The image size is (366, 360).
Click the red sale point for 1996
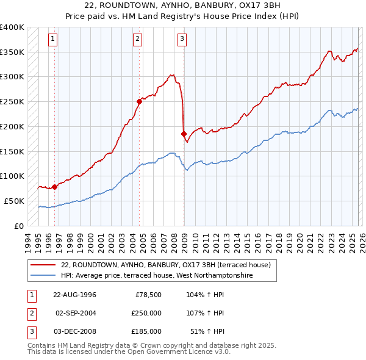pos(55,187)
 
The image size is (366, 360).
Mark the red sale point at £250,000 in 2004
pos(139,102)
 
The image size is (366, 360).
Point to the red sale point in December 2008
pos(184,134)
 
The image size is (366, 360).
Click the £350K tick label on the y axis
pos(12,52)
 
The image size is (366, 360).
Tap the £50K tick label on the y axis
pos(15,201)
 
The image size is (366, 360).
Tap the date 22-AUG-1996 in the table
pos(75,295)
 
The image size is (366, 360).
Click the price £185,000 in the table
pos(146,331)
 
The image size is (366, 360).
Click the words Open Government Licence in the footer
pos(181,351)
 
